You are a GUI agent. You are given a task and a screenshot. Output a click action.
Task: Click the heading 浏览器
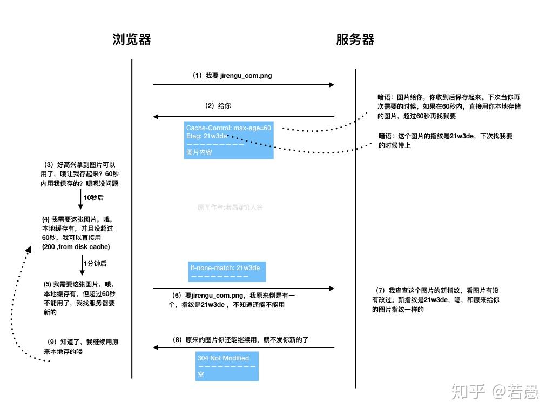[x=132, y=39]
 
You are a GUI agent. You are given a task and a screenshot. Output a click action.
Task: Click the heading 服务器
[x=355, y=39]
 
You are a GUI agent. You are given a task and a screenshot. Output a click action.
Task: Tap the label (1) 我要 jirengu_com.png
[x=232, y=76]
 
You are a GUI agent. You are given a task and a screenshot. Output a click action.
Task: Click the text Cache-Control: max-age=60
[x=228, y=128]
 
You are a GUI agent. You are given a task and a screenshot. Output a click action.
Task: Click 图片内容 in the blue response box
[x=199, y=152]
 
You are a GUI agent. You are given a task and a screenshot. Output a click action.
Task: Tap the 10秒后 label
[x=93, y=198]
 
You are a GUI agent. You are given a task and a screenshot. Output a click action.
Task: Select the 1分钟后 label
[x=95, y=264]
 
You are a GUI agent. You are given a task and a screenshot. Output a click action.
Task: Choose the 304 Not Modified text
[x=223, y=358]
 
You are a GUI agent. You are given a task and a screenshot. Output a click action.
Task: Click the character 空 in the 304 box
[x=201, y=374]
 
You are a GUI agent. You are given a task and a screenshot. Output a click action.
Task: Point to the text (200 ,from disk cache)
[x=76, y=247]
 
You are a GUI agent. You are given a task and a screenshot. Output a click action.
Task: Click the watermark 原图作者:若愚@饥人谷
[x=230, y=207]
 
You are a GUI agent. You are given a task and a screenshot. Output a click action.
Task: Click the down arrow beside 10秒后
[x=80, y=200]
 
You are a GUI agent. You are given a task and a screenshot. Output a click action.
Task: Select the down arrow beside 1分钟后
[x=80, y=265]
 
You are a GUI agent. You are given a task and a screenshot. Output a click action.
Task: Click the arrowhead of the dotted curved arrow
[x=29, y=249]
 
